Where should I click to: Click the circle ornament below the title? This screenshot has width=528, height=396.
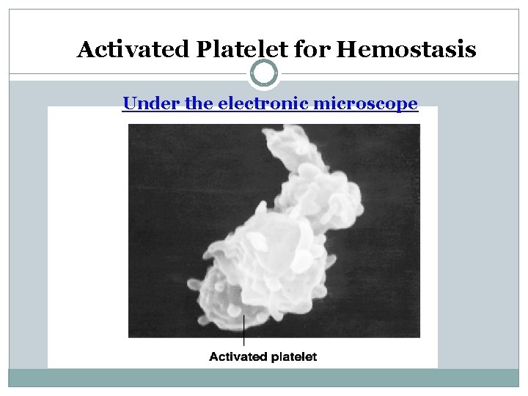264,73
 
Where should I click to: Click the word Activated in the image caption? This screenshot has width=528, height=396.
235,357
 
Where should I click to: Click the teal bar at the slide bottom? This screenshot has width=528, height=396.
264,378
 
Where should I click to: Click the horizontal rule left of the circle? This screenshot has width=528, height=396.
132,73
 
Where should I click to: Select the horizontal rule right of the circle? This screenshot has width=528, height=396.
396,73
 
